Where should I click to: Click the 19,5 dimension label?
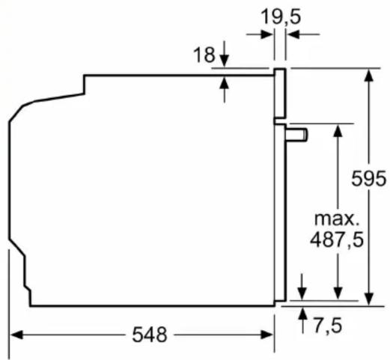281,17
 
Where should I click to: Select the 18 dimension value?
204,55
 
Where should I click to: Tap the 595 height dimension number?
368,178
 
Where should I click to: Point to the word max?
336,219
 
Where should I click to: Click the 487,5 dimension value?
337,240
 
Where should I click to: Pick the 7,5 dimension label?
328,326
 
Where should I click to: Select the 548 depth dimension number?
150,335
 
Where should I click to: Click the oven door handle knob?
297,135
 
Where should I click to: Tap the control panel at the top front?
280,93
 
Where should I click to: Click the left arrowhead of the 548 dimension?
16,335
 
